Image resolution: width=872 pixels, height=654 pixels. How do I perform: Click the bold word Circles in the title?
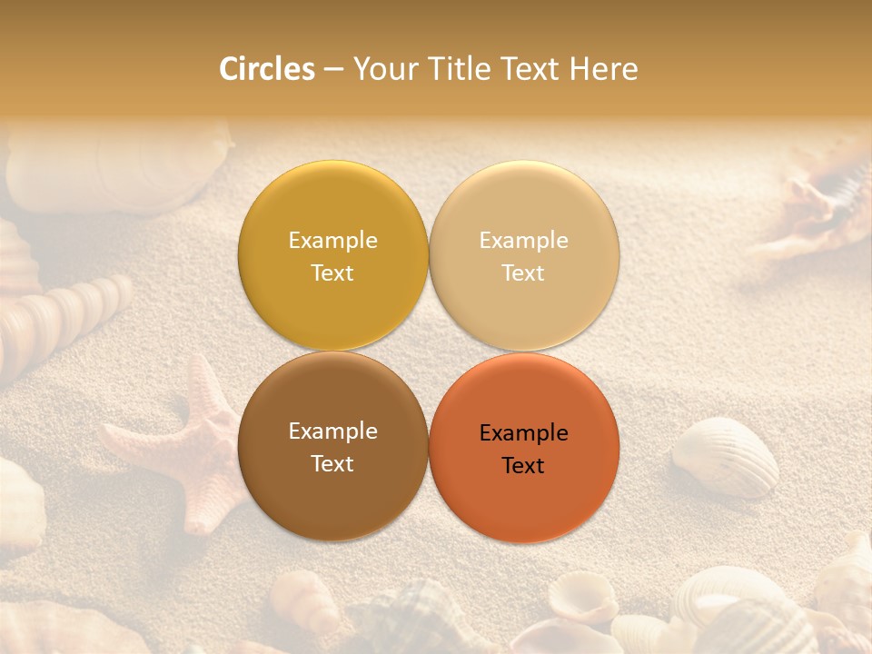pyautogui.click(x=266, y=69)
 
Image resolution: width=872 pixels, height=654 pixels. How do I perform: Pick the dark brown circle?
pyautogui.click(x=332, y=490)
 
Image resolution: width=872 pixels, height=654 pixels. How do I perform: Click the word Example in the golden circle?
pyautogui.click(x=332, y=241)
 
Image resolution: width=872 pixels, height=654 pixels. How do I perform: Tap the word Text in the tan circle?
pyautogui.click(x=523, y=273)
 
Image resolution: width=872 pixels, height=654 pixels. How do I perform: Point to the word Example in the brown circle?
pyautogui.click(x=332, y=431)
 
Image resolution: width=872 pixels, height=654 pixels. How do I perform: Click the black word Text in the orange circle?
pyautogui.click(x=523, y=466)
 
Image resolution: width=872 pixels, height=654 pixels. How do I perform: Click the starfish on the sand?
pyautogui.click(x=195, y=445)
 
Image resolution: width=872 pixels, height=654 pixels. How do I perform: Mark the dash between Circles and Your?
pyautogui.click(x=333, y=69)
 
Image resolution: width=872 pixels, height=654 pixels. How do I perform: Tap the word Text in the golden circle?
pyautogui.click(x=332, y=273)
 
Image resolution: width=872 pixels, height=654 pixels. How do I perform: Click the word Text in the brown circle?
pyautogui.click(x=332, y=464)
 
